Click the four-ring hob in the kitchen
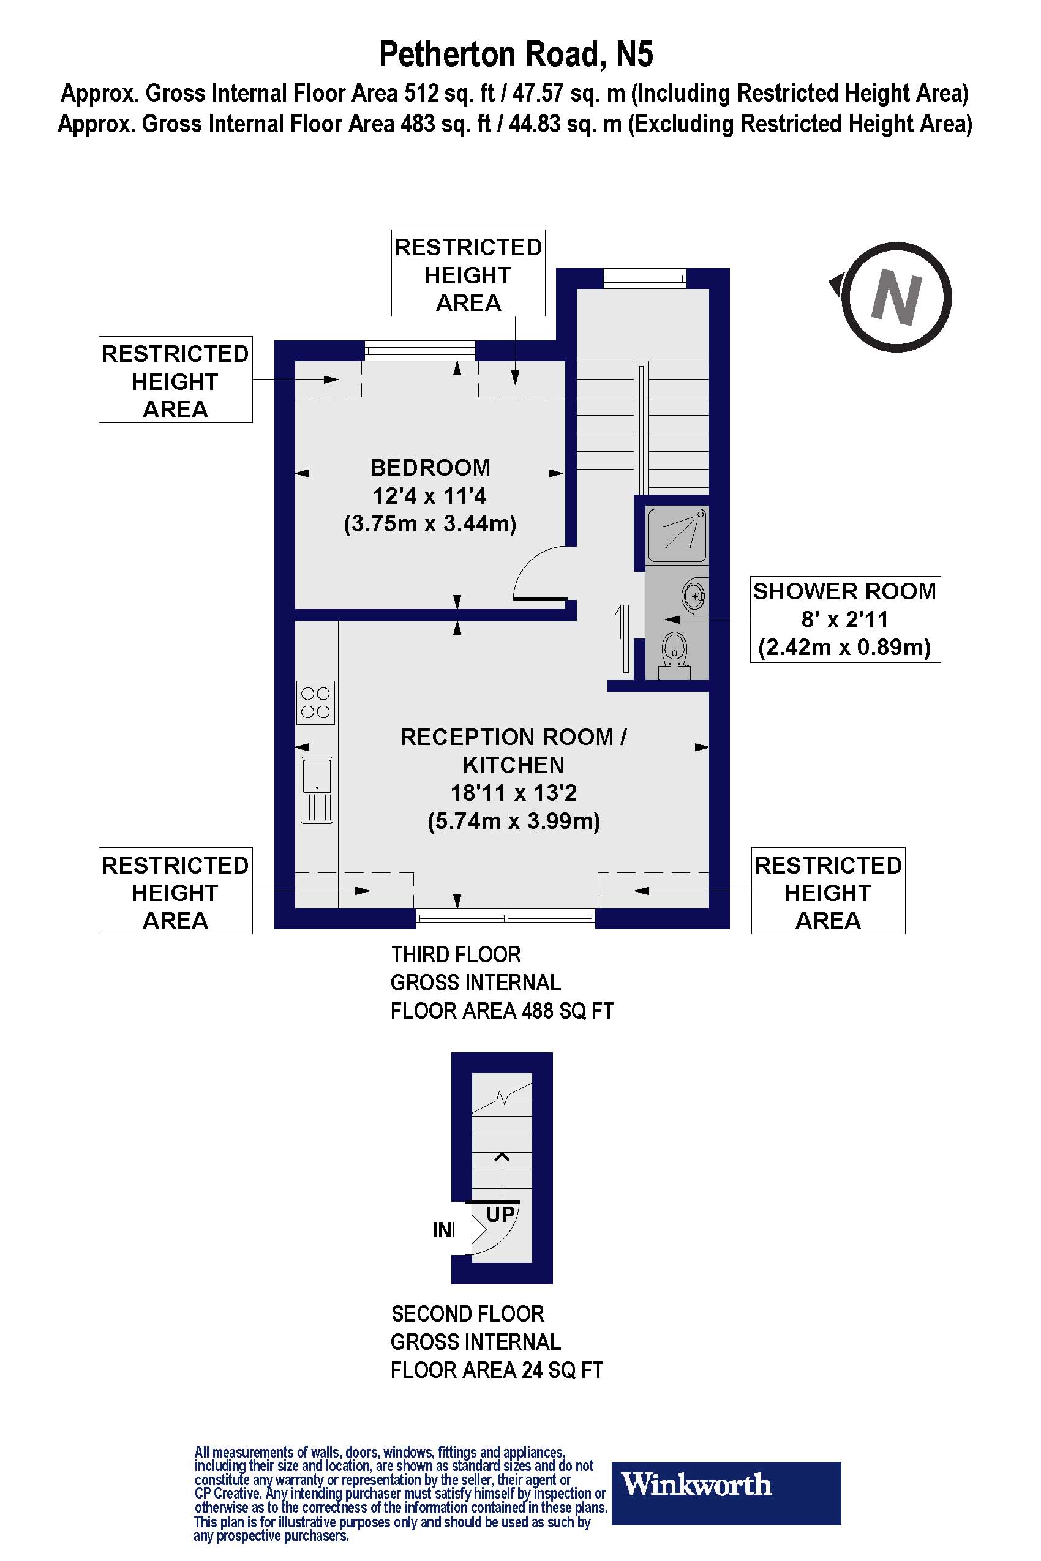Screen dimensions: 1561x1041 [315, 702]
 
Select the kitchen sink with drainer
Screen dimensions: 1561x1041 [316, 790]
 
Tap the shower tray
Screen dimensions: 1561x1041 [677, 535]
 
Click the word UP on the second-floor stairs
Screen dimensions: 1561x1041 [500, 1214]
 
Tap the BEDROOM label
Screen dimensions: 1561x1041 [430, 468]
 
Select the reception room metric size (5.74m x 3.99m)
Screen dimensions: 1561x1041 [513, 821]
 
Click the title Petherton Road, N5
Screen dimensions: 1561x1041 [516, 54]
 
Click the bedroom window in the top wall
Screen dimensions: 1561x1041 [419, 350]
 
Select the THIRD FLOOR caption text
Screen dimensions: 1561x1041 [456, 954]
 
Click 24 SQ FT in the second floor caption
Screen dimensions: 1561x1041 [562, 1370]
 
